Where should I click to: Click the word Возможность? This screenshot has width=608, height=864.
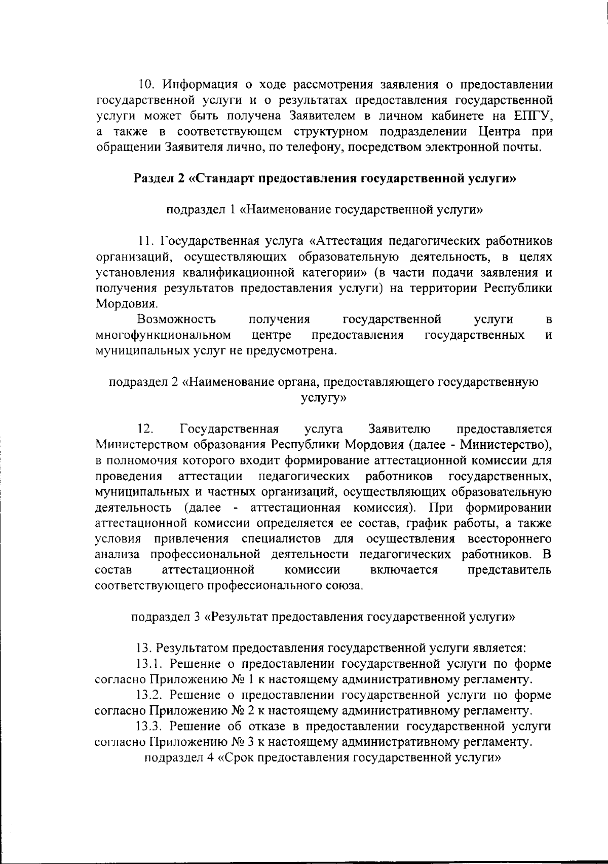(x=176, y=319)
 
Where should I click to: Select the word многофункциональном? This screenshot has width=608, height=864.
(x=164, y=335)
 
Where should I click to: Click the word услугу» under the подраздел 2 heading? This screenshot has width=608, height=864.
(x=324, y=398)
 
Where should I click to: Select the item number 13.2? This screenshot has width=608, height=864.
(x=151, y=695)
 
